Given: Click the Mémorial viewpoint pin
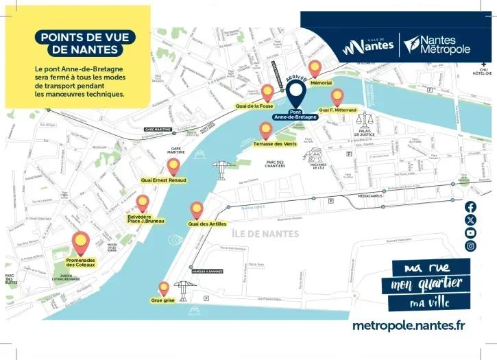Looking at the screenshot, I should coord(315,68).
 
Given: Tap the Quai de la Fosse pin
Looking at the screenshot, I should coord(267,92).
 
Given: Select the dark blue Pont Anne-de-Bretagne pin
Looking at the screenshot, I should coord(296,92).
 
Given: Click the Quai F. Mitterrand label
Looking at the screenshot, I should coord(337,110).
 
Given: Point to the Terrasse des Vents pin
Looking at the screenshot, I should coord(266,130).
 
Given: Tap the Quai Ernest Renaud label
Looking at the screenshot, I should coord(163,180).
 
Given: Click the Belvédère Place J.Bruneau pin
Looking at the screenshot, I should coord(143,202).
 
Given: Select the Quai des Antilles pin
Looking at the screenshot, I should coord(197,209).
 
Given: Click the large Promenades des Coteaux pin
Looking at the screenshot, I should coord(81,241).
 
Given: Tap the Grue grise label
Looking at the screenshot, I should coord(163,300).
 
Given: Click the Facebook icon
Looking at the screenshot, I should coord(470,206).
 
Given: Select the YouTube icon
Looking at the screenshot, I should coord(470,233).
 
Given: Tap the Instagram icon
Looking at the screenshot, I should coord(470,246).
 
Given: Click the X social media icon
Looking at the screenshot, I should coord(470,220).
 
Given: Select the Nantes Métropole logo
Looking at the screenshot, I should coord(437,45).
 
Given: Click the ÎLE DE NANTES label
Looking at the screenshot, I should coord(265,233).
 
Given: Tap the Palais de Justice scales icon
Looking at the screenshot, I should coord(365,119).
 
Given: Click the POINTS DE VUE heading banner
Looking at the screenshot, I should coord(85,43).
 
